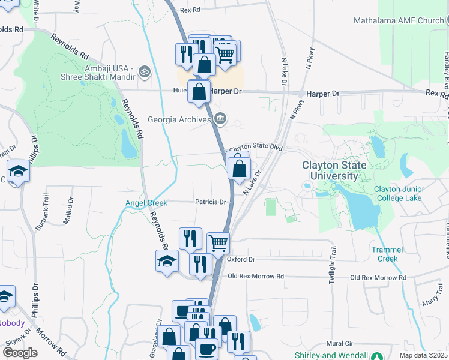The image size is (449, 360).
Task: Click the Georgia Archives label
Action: [x=179, y=119]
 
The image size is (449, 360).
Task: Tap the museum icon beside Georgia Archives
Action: [x=220, y=119]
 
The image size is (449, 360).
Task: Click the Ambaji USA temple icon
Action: [x=143, y=71]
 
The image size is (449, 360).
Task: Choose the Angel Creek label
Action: [x=146, y=203]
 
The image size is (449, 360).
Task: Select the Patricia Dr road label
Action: [x=209, y=202]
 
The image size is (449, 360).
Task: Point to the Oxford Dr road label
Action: [x=241, y=259]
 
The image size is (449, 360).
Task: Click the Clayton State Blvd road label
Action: [x=255, y=147]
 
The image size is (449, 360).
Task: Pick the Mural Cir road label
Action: [x=339, y=344]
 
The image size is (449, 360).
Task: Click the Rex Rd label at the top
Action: [x=189, y=10]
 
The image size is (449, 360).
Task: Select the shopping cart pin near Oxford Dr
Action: [x=218, y=243]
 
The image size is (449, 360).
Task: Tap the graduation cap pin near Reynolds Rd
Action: [x=167, y=260]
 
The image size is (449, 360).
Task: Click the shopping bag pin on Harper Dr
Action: [x=199, y=92]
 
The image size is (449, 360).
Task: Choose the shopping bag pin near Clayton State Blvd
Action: [x=239, y=167]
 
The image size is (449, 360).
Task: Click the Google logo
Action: [x=20, y=353]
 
